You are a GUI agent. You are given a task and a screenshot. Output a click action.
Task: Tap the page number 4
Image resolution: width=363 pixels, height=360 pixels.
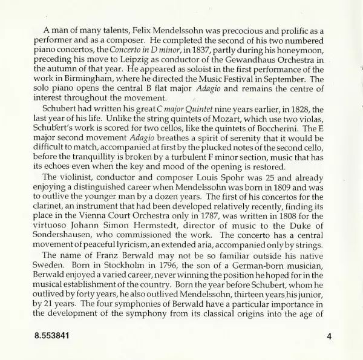click(x=327, y=335)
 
